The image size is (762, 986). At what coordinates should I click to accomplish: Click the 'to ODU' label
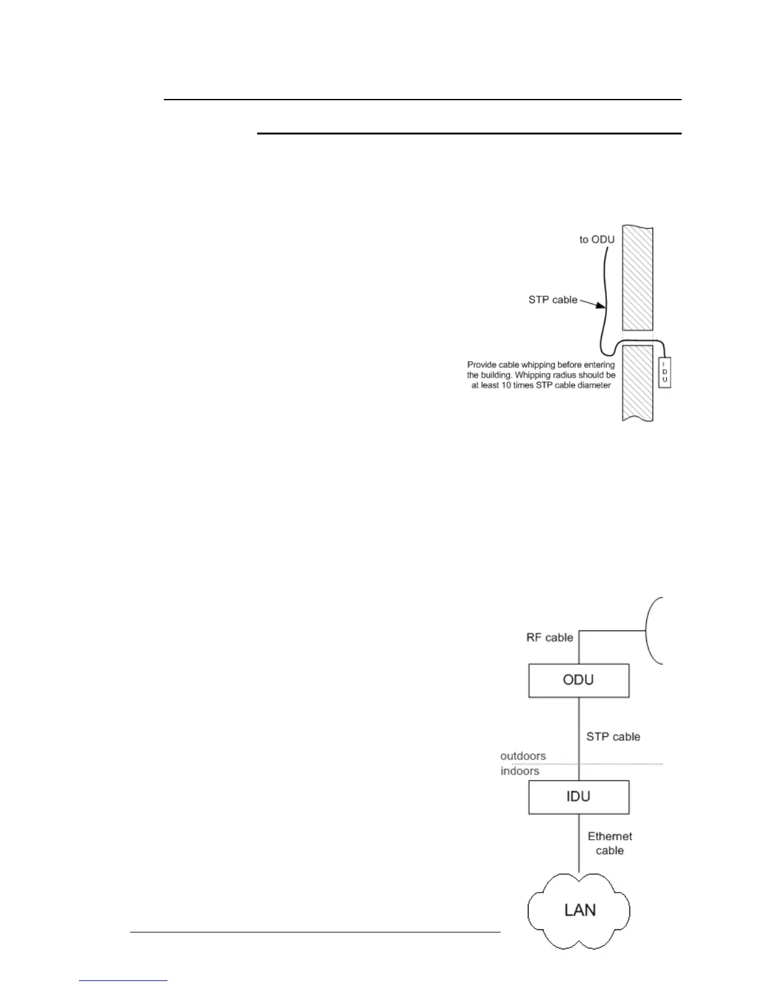tap(597, 240)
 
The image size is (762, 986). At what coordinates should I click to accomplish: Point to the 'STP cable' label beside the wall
tap(553, 300)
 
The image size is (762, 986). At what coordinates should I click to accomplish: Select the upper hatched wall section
tap(637, 277)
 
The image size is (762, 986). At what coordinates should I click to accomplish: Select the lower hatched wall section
tap(637, 383)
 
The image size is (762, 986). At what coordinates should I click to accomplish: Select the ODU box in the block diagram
tap(579, 680)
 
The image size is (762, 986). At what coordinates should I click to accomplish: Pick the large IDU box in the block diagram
tap(579, 797)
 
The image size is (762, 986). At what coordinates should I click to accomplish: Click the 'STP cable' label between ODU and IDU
tap(613, 737)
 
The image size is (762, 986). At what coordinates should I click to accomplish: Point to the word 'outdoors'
tap(523, 756)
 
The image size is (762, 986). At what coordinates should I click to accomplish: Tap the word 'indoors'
tap(520, 771)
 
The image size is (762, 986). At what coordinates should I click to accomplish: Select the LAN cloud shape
tap(580, 910)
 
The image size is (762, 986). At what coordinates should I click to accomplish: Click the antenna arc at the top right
tap(653, 631)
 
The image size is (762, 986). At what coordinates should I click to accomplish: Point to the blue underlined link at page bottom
tap(123, 981)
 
